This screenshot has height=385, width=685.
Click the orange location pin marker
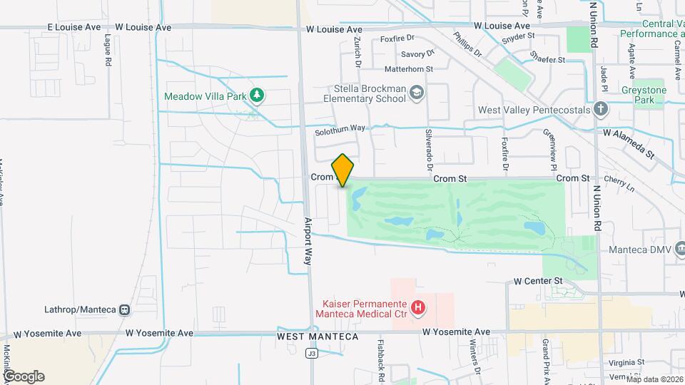(x=343, y=170)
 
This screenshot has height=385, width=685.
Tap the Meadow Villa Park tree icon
(x=257, y=96)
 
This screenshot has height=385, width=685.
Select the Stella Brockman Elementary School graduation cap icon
(x=416, y=93)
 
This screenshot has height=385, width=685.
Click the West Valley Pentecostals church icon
(x=601, y=110)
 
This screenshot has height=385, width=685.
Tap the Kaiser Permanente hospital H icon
(x=419, y=308)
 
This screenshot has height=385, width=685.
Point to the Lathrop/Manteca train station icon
(x=125, y=310)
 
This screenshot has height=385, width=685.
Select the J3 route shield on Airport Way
(x=311, y=353)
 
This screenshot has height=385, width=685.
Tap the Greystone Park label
(x=643, y=96)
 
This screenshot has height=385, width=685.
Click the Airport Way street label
(x=308, y=241)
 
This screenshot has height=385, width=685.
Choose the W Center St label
(x=539, y=282)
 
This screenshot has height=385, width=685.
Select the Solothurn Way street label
(x=340, y=128)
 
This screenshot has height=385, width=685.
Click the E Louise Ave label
(x=74, y=27)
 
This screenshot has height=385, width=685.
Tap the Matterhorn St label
(x=409, y=69)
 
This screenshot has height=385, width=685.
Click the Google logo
(x=24, y=376)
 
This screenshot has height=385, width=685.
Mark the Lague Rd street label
(x=108, y=51)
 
